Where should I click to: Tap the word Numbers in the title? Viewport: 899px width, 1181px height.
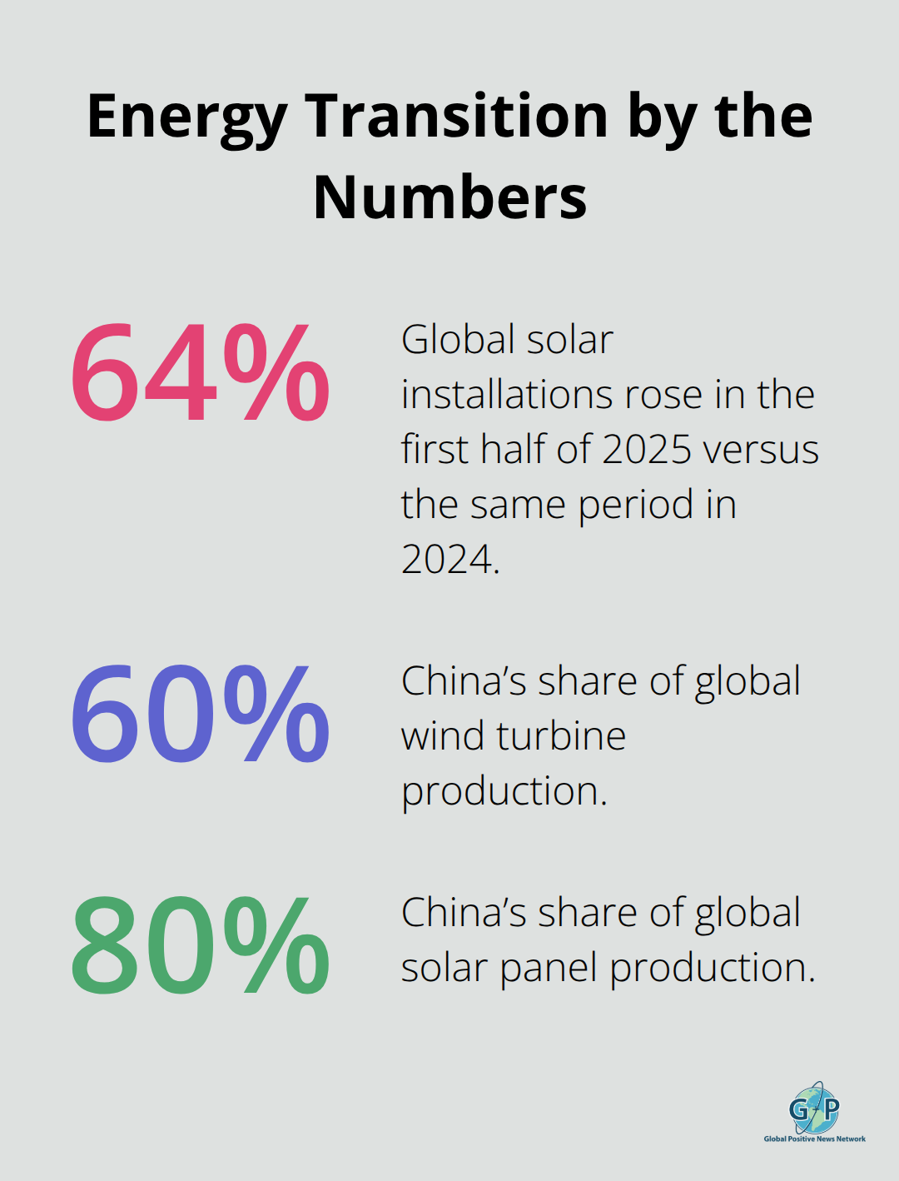point(449,197)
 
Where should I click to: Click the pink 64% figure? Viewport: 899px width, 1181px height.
point(200,373)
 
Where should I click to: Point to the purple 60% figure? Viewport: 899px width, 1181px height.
point(200,714)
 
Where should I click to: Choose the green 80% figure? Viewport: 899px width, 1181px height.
point(200,946)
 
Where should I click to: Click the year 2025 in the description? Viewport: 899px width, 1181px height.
point(647,450)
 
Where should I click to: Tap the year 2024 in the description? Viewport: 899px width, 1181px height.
point(448,559)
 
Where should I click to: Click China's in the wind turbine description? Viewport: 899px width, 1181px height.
point(464,681)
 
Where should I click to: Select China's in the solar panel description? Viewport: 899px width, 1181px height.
point(464,913)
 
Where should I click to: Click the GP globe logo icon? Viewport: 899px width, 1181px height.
point(814,1107)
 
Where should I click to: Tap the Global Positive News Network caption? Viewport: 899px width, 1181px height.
point(815,1139)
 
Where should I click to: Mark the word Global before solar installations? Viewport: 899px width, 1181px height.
point(450,340)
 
